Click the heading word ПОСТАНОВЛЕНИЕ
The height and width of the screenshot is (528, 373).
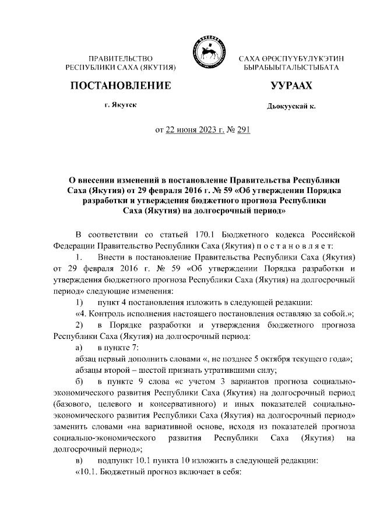[x=121, y=86]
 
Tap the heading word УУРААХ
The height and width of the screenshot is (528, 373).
[x=291, y=86]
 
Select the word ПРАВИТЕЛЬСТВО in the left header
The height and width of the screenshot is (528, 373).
[x=121, y=59]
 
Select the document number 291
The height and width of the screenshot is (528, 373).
[x=242, y=130]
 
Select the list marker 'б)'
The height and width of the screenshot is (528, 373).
[x=80, y=381]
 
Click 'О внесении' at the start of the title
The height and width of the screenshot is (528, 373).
[x=91, y=179]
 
